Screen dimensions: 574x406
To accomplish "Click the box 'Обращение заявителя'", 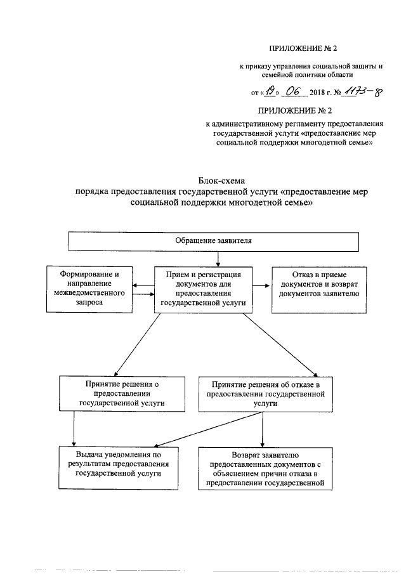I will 214,242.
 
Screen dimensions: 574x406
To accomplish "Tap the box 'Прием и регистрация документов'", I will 203,289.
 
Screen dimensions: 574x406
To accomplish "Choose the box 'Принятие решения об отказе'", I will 261,393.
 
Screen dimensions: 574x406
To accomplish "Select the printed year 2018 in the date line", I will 320,94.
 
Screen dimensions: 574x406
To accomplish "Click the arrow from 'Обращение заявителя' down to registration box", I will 218,258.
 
